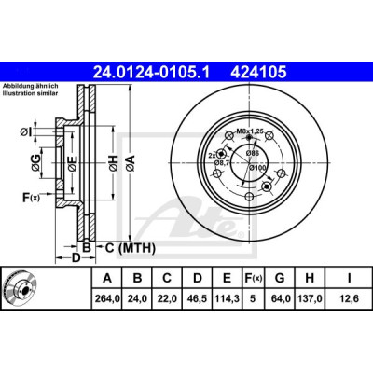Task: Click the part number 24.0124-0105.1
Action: pos(152,73)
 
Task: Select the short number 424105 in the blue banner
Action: pos(258,73)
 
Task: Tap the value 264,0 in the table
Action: pos(107,298)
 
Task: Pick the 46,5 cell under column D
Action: pos(198,298)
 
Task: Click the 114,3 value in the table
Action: pos(227,298)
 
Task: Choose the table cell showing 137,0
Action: pos(310,298)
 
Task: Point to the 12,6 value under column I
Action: pos(349,298)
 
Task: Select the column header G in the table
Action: pos(280,278)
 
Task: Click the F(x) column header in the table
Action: pos(253,278)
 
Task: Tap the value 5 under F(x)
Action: pos(253,298)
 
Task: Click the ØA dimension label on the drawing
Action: pos(130,162)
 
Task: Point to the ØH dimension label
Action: pos(113,162)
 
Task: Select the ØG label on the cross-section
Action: pos(35,162)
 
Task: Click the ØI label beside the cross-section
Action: pos(26,132)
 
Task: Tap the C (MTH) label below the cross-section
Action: pos(130,248)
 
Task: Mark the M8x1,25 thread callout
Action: pos(250,131)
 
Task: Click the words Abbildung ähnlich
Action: pos(31,87)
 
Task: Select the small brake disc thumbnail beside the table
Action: pos(21,287)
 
